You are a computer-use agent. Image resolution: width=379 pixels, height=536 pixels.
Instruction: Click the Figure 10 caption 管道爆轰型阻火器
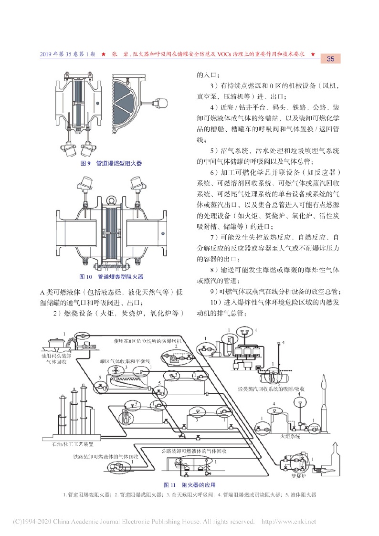[113, 276]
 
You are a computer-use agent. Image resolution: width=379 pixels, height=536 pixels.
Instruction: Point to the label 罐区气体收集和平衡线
[125, 362]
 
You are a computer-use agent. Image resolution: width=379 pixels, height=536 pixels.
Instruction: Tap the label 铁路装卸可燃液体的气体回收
[103, 457]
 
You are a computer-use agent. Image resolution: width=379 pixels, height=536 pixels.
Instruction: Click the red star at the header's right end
[313, 54]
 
